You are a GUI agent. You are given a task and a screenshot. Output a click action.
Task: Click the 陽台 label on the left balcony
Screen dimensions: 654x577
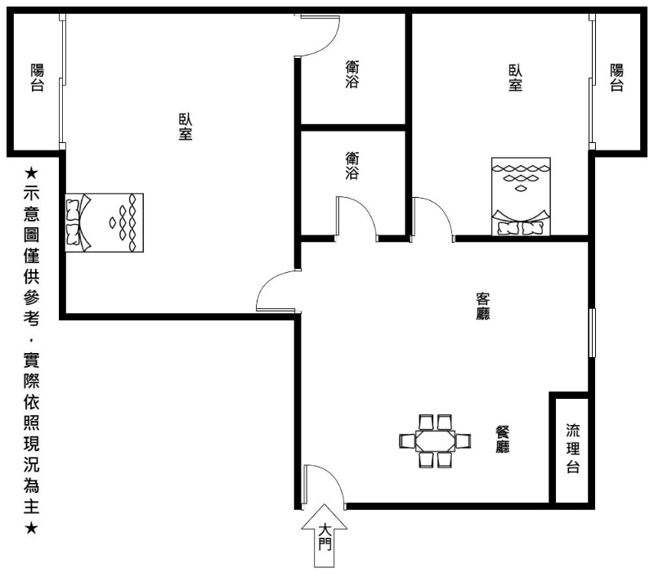(x=37, y=78)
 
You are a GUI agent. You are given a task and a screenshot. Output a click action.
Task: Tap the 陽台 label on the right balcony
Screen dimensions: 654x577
(x=617, y=78)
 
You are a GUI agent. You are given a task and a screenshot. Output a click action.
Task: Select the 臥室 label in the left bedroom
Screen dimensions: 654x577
(x=186, y=127)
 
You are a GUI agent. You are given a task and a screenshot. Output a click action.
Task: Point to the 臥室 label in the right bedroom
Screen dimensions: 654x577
(x=515, y=78)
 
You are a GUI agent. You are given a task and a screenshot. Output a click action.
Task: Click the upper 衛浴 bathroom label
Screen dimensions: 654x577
(x=352, y=74)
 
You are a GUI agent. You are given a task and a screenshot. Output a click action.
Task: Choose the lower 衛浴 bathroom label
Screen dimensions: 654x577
(x=352, y=166)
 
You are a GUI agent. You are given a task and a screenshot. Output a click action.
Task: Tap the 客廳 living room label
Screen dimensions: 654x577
(x=482, y=306)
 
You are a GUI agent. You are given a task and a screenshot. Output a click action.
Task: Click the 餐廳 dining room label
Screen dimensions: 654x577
(x=502, y=439)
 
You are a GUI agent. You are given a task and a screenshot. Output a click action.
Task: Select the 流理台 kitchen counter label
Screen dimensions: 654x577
(x=573, y=448)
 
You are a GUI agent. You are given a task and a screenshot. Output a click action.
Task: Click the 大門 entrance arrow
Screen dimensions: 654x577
(x=324, y=535)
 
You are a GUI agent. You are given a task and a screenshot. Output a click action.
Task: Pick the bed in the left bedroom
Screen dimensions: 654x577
(x=105, y=222)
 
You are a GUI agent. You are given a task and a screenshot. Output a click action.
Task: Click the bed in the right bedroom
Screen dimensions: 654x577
(x=521, y=196)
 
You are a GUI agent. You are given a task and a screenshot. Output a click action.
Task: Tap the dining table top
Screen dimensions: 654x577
(x=435, y=441)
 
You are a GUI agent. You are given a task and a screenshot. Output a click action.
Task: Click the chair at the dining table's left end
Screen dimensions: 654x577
(x=407, y=441)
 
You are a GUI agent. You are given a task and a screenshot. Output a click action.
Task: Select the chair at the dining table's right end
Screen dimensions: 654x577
(x=463, y=441)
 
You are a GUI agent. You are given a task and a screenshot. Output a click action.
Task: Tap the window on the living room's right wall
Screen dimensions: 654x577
(x=592, y=333)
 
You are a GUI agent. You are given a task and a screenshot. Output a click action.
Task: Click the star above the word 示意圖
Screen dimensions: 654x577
(x=31, y=172)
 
